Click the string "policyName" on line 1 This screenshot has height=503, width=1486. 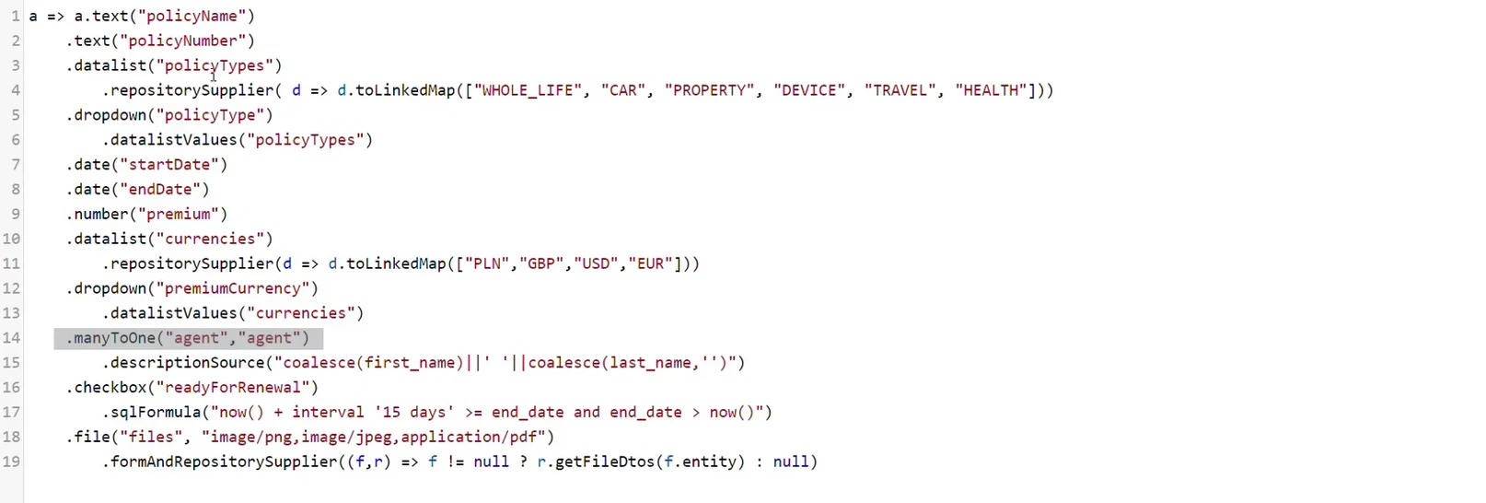[x=192, y=16]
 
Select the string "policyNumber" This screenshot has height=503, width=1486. [x=182, y=41]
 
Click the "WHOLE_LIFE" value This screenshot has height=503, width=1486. [x=528, y=90]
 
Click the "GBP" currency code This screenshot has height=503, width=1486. [x=541, y=264]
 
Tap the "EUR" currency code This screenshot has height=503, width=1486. [x=650, y=264]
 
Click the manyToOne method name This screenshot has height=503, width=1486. [x=114, y=338]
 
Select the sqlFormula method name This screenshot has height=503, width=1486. [x=156, y=413]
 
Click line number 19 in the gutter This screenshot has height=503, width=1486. [x=11, y=462]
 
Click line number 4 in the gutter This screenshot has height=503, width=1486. [x=16, y=90]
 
